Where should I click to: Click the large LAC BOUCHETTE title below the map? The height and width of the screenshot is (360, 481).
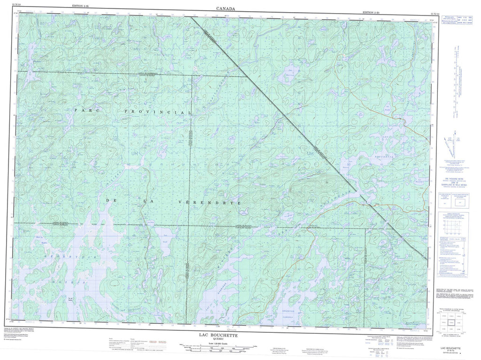pyautogui.click(x=217, y=336)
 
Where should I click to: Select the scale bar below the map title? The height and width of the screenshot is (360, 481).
pyautogui.click(x=217, y=348)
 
